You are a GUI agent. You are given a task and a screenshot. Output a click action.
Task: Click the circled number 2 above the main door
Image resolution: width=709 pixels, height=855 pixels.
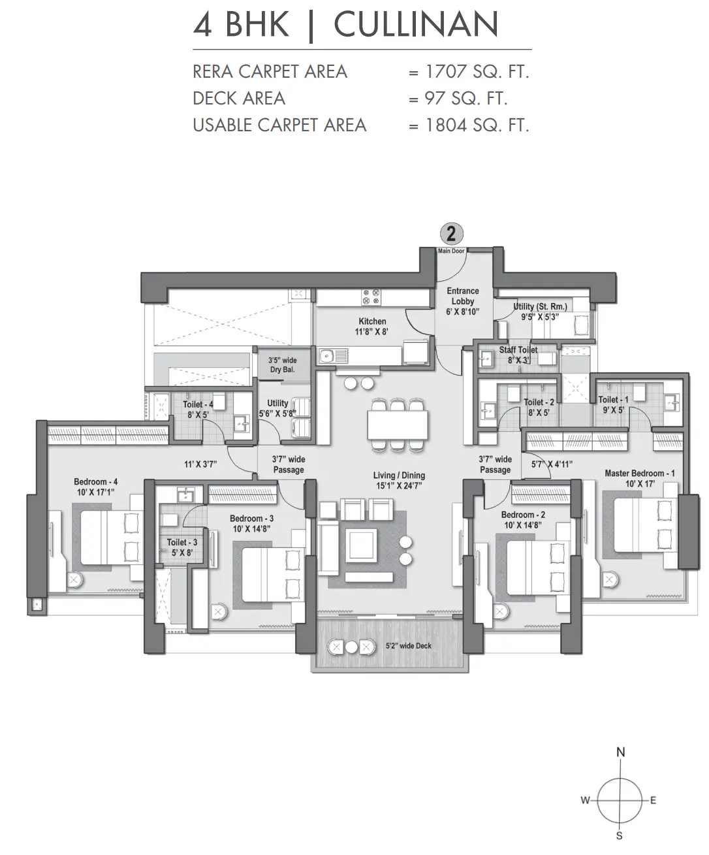pos(451,234)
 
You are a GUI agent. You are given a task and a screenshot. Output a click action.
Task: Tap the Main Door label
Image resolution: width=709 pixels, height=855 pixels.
pos(451,251)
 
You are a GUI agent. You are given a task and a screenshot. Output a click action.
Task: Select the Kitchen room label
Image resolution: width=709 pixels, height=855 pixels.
pos(372,321)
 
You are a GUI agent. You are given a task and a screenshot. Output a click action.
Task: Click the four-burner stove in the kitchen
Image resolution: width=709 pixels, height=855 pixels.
pos(371,297)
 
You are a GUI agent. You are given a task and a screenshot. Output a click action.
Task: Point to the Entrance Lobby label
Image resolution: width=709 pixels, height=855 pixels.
pos(463,296)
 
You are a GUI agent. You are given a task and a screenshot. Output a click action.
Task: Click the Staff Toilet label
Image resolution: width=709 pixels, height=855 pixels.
pos(518,350)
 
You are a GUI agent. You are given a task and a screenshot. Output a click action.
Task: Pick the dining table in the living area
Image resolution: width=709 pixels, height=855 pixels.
pos(398,425)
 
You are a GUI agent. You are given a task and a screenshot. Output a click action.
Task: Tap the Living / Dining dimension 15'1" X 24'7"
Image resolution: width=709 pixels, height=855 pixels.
pos(399,486)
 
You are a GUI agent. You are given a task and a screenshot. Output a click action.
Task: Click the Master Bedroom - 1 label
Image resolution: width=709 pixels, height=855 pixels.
pos(639,474)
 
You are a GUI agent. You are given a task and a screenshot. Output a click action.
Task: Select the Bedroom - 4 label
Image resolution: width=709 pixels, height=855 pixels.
pos(95,481)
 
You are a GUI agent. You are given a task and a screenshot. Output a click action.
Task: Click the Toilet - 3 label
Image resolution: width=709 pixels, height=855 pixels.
pos(181,542)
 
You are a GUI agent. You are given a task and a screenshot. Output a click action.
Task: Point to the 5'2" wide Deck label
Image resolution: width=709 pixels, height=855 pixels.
pos(408,646)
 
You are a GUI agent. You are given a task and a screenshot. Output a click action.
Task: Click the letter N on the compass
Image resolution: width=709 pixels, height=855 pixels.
pos(621,752)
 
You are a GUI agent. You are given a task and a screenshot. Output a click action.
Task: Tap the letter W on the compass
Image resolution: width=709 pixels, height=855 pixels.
pos(586,799)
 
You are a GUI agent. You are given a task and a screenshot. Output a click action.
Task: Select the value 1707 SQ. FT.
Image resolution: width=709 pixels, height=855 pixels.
pos(477,72)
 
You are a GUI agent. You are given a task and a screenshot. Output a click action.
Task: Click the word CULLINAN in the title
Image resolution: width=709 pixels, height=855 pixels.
pos(416,25)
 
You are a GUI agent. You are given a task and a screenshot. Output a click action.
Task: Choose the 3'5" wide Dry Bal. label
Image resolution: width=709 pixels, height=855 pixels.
pos(283,365)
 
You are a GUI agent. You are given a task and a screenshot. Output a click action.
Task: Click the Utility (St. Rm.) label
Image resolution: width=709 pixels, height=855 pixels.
pos(541,306)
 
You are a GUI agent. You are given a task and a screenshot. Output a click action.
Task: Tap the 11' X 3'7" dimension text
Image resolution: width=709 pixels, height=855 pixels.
pos(200,464)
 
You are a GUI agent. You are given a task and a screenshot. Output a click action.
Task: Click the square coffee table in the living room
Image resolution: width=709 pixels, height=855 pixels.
pos(361,545)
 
